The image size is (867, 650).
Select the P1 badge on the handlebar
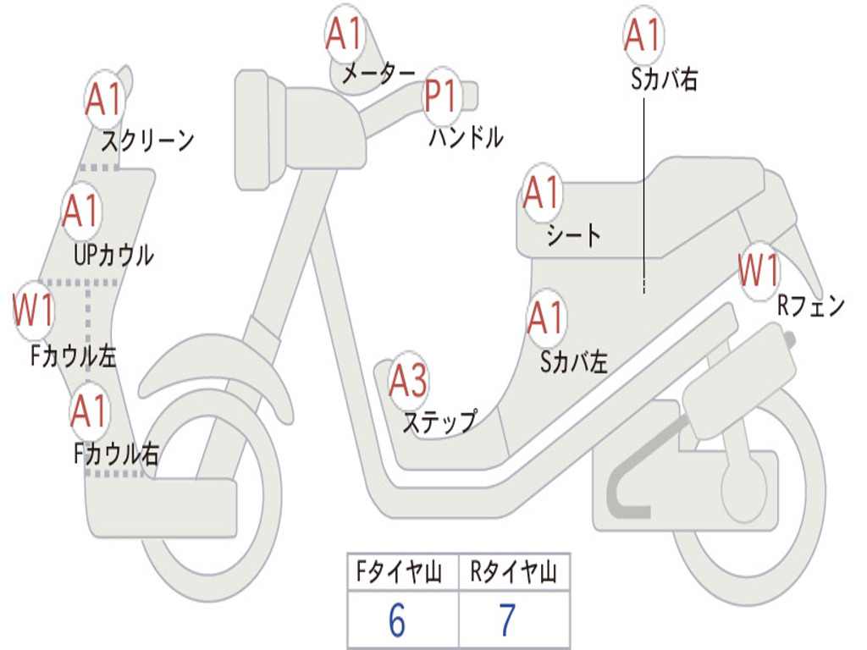click(440, 96)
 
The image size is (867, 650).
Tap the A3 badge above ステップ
click(408, 382)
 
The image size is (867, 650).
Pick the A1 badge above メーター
click(345, 35)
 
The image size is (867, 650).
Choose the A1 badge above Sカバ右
click(642, 35)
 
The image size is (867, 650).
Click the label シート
click(573, 234)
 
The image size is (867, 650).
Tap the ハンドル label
click(466, 136)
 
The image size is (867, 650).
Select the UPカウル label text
click(113, 254)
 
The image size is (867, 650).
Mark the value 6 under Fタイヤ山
click(396, 621)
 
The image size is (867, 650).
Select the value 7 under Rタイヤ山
click(507, 621)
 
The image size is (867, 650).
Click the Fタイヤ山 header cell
click(396, 574)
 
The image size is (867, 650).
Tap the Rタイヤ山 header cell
click(513, 574)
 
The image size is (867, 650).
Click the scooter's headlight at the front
click(251, 129)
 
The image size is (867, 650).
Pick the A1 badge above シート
click(542, 193)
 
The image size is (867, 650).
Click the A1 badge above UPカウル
click(81, 211)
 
